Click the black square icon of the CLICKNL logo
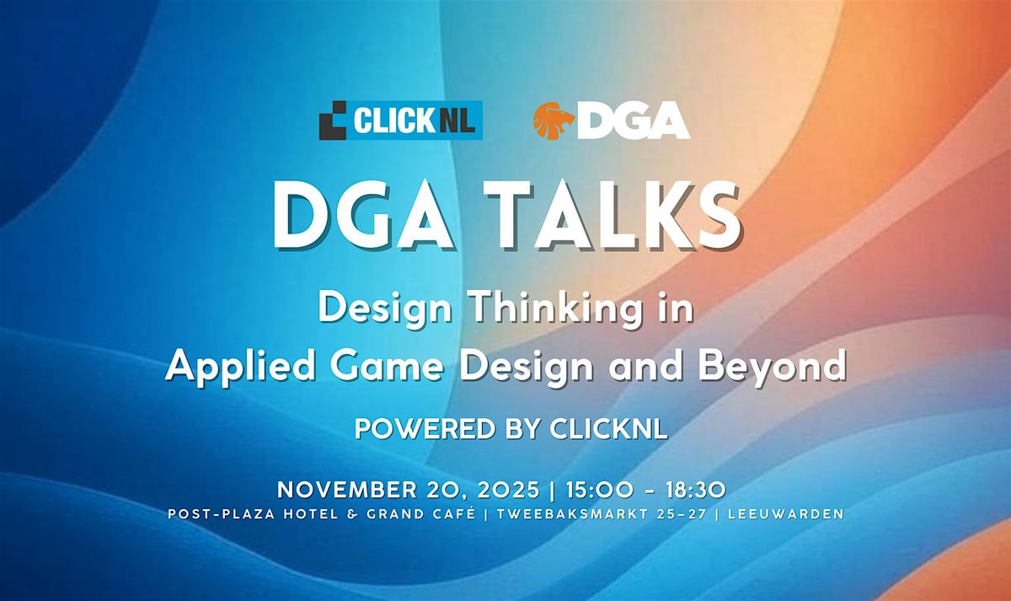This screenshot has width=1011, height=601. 333,121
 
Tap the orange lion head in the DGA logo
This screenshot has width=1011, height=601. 553,120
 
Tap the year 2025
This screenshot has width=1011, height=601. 475,490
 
